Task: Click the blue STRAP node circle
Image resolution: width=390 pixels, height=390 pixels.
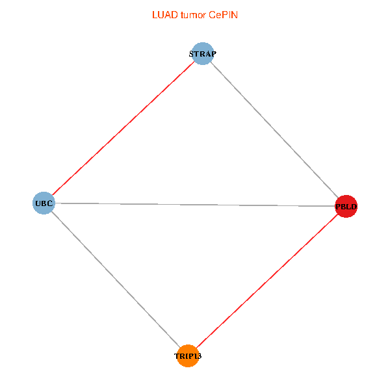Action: pyautogui.click(x=203, y=53)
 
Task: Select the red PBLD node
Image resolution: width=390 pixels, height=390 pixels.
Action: pyautogui.click(x=346, y=207)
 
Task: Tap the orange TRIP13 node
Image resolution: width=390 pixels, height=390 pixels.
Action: pyautogui.click(x=187, y=356)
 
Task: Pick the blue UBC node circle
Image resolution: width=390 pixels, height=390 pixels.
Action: pyautogui.click(x=43, y=203)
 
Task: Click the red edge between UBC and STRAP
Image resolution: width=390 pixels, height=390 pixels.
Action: pyautogui.click(x=123, y=128)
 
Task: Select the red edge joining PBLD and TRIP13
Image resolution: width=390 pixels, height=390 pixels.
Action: pyautogui.click(x=266, y=281)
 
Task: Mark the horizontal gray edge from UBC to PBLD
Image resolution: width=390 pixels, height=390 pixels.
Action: pyautogui.click(x=195, y=205)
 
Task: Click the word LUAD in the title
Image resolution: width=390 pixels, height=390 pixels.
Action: pyautogui.click(x=164, y=14)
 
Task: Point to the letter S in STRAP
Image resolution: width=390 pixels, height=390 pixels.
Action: pyautogui.click(x=192, y=53)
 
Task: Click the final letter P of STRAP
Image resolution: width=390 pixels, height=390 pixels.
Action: pyautogui.click(x=213, y=53)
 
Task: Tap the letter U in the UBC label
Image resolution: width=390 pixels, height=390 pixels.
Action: pyautogui.click(x=38, y=203)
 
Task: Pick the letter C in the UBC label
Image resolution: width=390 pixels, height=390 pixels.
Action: pyautogui.click(x=49, y=203)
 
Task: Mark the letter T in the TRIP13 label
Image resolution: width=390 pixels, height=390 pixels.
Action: pyautogui.click(x=177, y=356)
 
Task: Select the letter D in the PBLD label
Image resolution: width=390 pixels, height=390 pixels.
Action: pyautogui.click(x=354, y=207)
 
